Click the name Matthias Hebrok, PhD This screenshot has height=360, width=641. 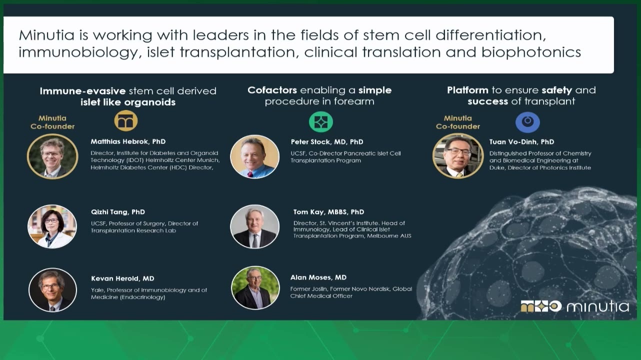[x=128, y=141]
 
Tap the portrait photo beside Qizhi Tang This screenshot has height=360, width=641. [x=52, y=226]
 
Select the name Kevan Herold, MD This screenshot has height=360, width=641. [x=122, y=278]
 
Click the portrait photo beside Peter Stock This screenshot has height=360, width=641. [x=254, y=157]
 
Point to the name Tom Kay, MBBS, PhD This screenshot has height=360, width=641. [x=328, y=212]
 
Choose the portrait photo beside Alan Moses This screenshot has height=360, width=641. [x=255, y=287]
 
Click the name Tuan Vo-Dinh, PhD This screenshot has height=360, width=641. [x=521, y=142]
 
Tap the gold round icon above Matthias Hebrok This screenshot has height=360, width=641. [x=126, y=121]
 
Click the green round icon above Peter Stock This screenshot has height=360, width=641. [x=321, y=122]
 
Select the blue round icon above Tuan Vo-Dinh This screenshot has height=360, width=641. [x=527, y=122]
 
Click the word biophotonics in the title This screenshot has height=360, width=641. [x=531, y=52]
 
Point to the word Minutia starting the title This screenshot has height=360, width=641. [x=46, y=35]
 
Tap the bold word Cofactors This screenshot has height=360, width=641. [x=272, y=90]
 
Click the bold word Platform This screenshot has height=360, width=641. [x=467, y=90]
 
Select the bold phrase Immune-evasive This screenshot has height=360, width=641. [x=82, y=91]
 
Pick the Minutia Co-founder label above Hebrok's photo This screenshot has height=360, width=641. [x=52, y=122]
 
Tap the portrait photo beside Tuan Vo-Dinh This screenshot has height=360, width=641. [x=458, y=156]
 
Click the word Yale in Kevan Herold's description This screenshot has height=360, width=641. [x=97, y=290]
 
